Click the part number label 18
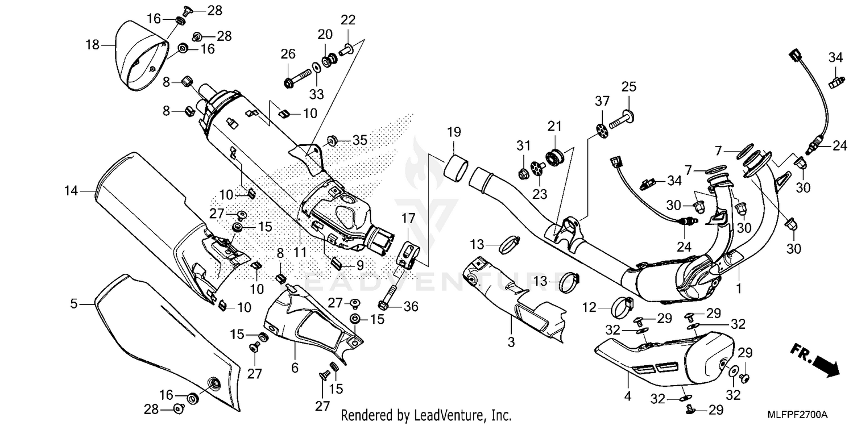93,44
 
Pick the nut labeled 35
333,140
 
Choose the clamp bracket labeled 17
407,254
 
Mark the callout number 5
74,304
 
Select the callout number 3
511,343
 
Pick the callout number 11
300,252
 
